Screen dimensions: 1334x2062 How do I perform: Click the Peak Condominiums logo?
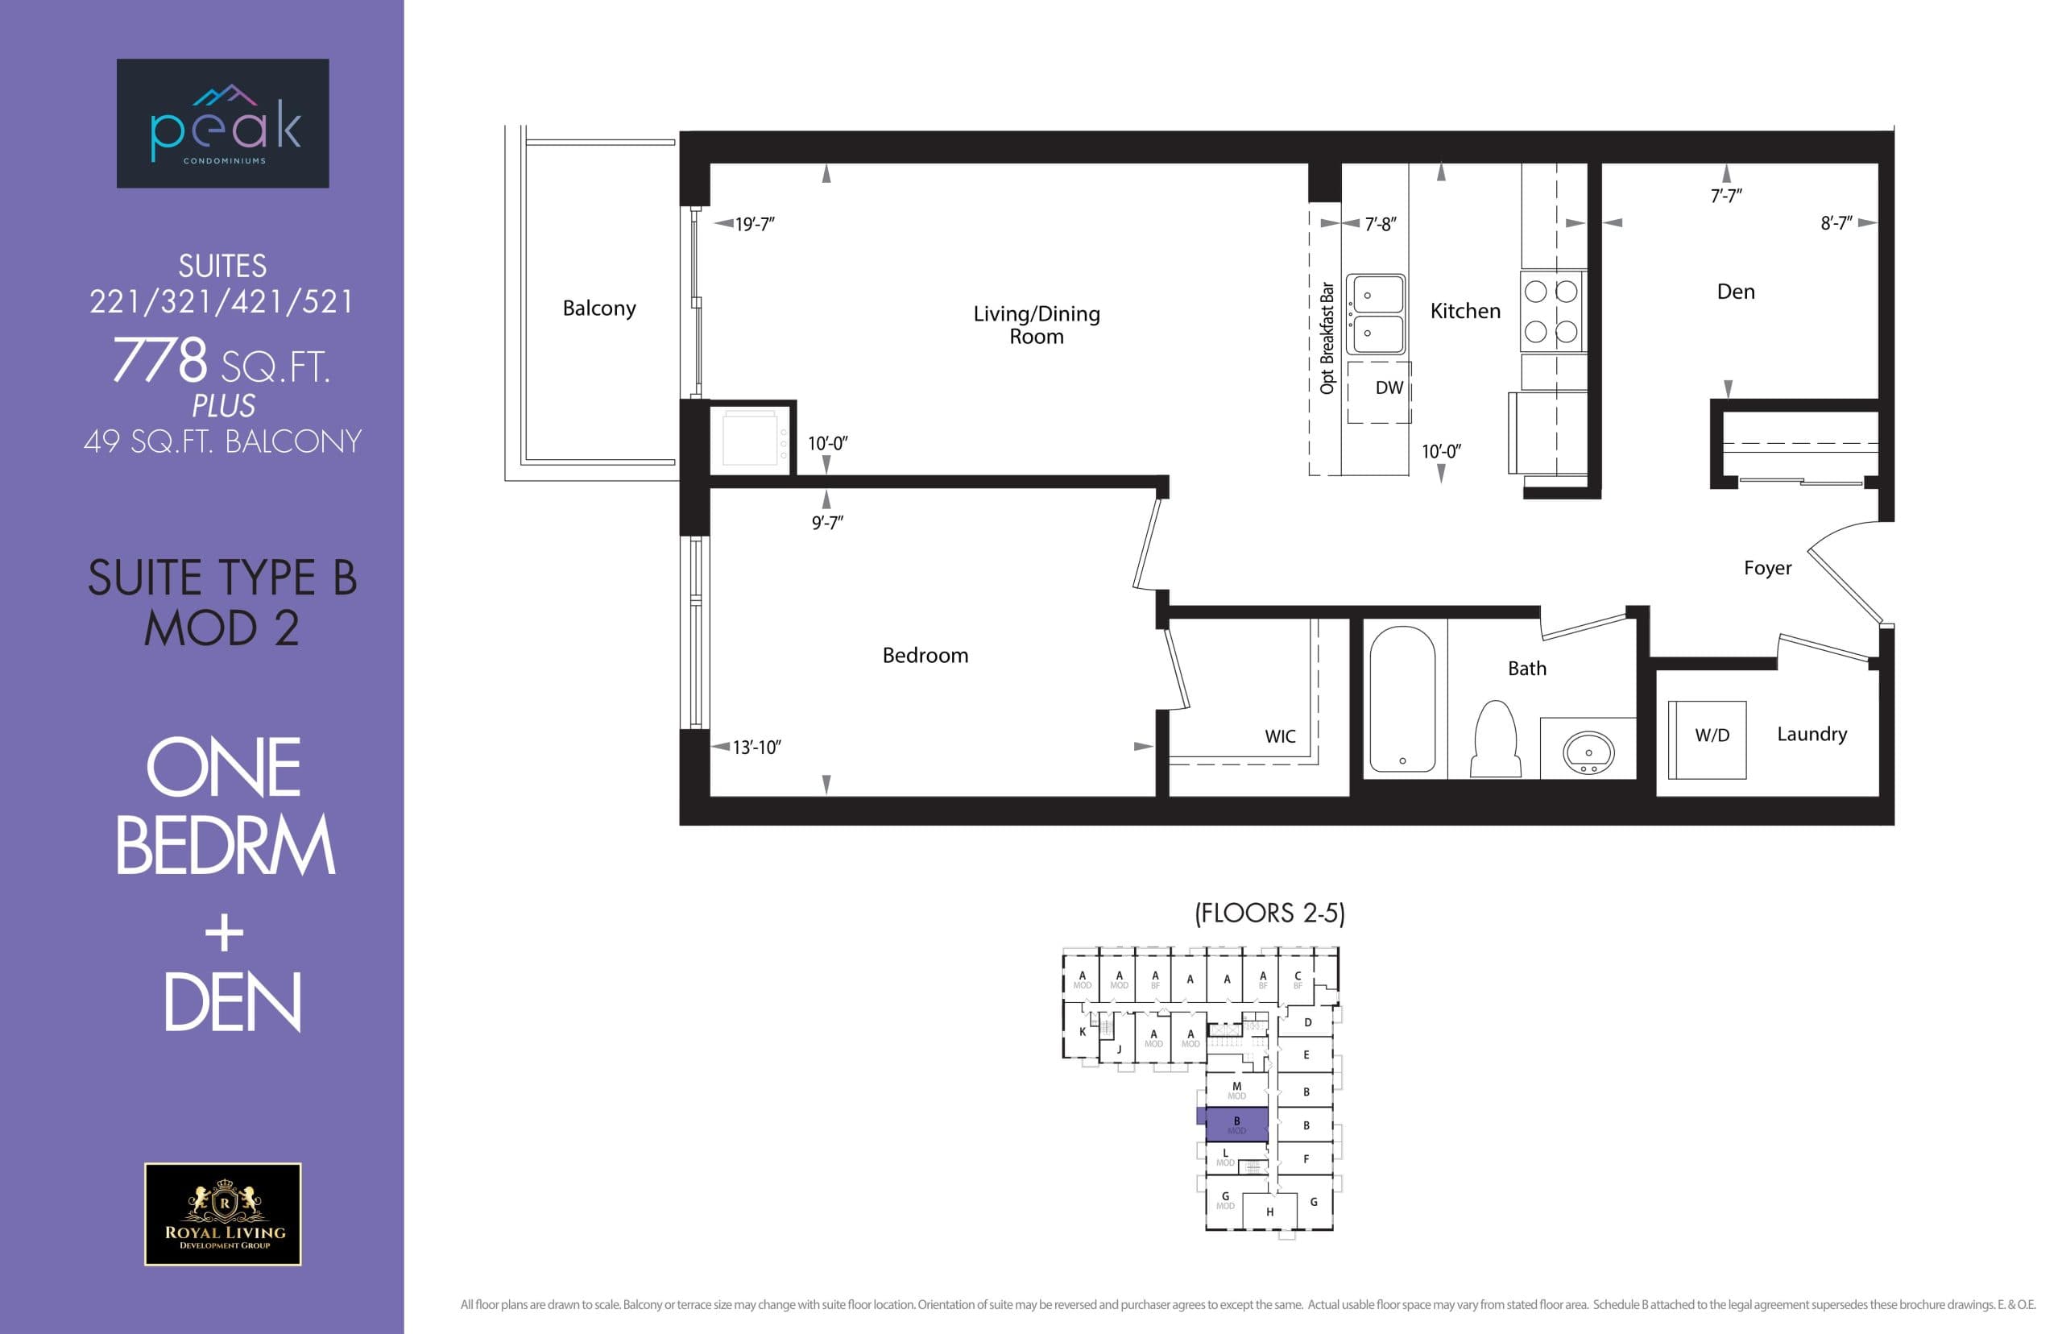[x=222, y=123]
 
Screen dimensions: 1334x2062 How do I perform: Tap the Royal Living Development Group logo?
[x=222, y=1214]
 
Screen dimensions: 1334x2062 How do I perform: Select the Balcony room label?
[x=598, y=309]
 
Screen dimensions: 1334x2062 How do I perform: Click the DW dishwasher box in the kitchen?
[x=1380, y=391]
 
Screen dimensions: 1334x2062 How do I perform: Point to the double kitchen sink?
[x=1376, y=314]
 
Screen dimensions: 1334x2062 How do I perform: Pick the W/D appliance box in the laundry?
[x=1706, y=739]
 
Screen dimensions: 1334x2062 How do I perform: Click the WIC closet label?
[x=1279, y=736]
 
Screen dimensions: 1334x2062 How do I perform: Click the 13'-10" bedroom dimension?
[x=756, y=748]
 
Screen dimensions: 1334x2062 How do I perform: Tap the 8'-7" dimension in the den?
[x=1835, y=223]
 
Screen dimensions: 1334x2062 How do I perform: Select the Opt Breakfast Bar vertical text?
[x=1326, y=338]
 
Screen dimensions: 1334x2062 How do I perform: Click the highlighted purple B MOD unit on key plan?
[x=1236, y=1125]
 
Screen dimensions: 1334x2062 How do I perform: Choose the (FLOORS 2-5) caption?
[x=1269, y=913]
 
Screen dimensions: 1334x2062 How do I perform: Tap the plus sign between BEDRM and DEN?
[x=224, y=934]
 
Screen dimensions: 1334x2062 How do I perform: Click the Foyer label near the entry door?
[x=1766, y=568]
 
